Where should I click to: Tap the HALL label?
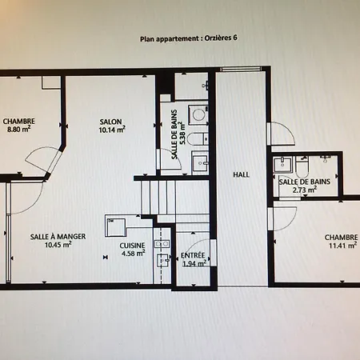240,174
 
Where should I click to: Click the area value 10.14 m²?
112,128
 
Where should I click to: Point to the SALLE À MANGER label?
58,237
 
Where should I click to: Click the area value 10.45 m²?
58,246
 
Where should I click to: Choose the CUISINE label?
132,246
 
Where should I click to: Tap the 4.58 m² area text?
133,254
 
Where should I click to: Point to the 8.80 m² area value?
18,128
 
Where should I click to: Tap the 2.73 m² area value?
305,190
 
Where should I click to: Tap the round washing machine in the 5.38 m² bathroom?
198,114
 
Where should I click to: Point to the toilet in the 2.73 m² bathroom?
302,166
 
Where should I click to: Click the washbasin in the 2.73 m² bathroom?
282,166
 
